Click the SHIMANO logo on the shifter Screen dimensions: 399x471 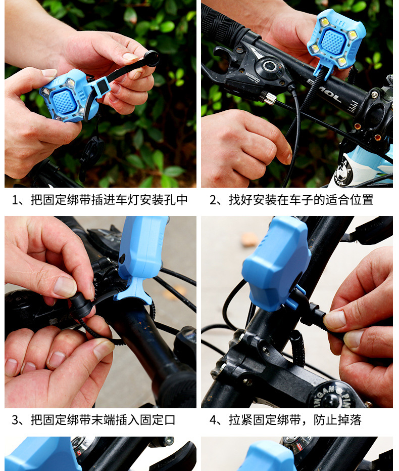[253, 77]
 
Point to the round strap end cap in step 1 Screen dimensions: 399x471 [152, 58]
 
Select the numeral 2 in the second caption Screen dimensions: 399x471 [213, 200]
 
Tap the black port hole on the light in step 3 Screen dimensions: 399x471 [122, 259]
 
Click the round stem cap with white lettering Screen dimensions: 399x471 [332, 396]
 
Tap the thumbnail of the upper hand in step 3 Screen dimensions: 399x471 [65, 287]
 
